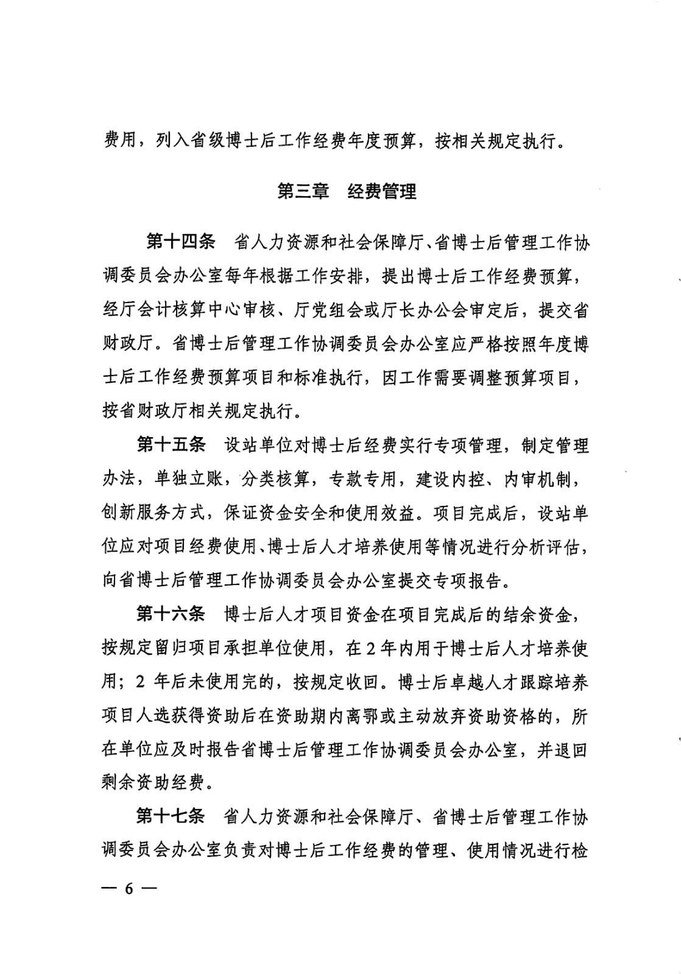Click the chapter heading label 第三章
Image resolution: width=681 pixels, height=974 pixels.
(303, 192)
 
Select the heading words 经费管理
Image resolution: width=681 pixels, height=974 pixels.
(382, 192)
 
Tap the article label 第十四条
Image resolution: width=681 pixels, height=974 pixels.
(181, 242)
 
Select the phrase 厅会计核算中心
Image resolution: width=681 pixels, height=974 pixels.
(181, 310)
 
